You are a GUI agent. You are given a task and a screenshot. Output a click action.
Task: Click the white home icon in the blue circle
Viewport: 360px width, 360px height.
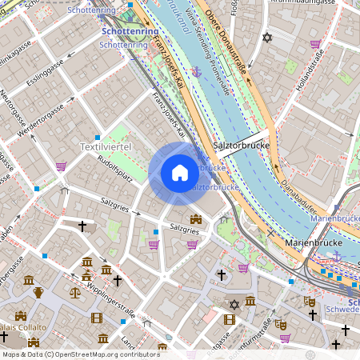179,173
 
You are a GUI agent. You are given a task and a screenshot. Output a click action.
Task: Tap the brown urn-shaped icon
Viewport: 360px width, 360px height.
38,293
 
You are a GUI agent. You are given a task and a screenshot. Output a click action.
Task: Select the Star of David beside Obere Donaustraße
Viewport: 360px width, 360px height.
267,38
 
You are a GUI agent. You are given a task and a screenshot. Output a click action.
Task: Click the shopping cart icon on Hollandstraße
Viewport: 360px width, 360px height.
315,45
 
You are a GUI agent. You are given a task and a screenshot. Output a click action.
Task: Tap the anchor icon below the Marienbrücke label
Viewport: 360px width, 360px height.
336,255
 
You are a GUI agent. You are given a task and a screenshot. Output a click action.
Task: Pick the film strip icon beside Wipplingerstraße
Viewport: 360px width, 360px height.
98,318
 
